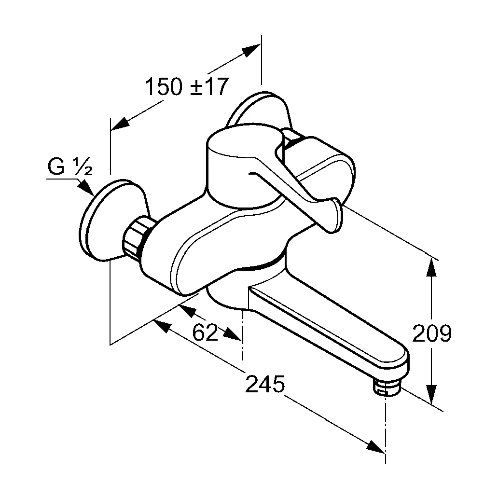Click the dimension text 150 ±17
pyautogui.click(x=186, y=87)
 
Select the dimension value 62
pyautogui.click(x=205, y=332)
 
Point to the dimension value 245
pyautogui.click(x=265, y=385)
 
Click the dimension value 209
pyautogui.click(x=432, y=333)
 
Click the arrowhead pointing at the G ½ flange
pyautogui.click(x=87, y=187)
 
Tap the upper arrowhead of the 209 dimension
pyautogui.click(x=432, y=268)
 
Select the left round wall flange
pyautogui.click(x=109, y=220)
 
